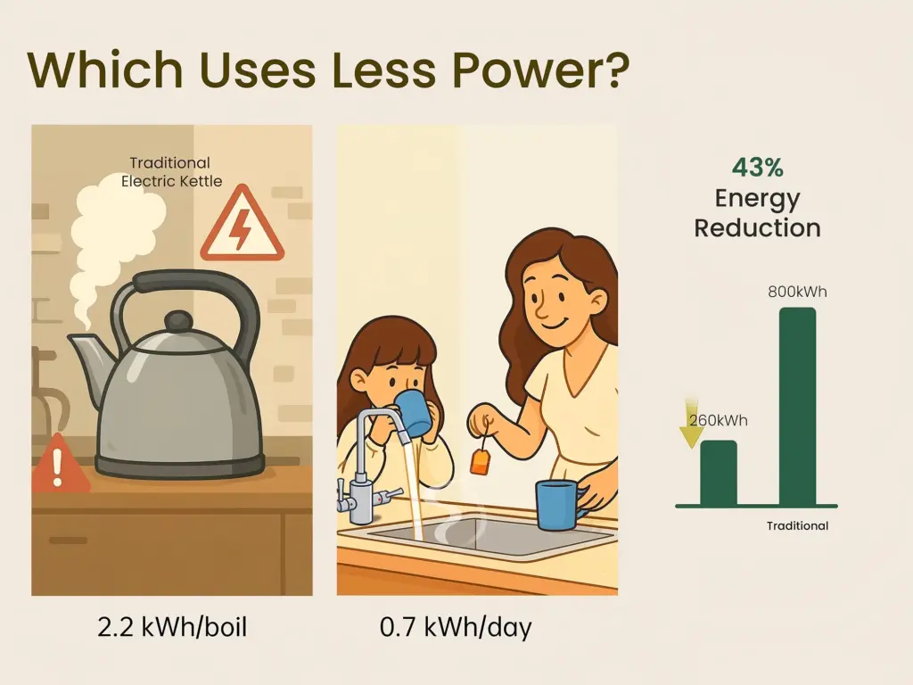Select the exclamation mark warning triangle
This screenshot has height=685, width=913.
[58, 463]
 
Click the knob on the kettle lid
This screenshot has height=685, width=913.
[177, 322]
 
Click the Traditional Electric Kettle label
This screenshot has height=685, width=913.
[171, 172]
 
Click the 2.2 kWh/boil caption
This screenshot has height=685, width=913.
[172, 627]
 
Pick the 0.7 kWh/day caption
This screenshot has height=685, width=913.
[456, 627]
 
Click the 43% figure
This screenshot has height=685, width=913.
[758, 168]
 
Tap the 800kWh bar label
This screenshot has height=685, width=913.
[797, 292]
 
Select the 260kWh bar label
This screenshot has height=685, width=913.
[718, 421]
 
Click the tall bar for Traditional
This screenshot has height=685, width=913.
[797, 406]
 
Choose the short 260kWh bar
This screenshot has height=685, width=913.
[719, 473]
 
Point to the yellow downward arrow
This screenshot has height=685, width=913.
[692, 424]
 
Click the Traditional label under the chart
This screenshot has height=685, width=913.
[797, 526]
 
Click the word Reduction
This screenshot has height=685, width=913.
[758, 227]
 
